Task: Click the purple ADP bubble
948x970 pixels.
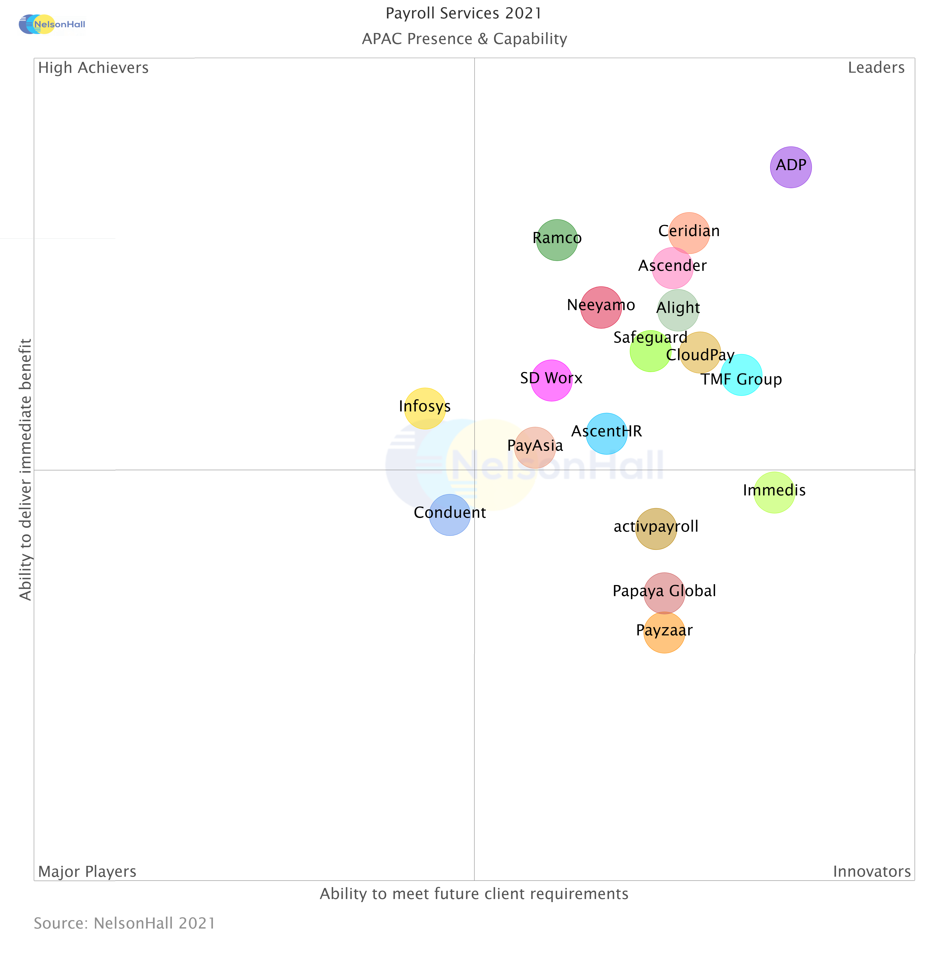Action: tap(791, 167)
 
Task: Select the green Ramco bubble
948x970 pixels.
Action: tap(557, 240)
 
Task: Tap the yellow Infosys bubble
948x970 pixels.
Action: tap(425, 408)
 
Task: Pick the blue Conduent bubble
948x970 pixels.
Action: tap(450, 515)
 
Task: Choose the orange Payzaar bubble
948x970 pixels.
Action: tap(664, 632)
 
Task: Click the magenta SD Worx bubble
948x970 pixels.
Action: tap(551, 380)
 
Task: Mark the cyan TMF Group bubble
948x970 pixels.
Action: tap(741, 375)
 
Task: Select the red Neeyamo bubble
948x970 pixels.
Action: tap(601, 307)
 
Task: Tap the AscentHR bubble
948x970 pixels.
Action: tap(606, 434)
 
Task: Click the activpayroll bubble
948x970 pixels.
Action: tap(656, 529)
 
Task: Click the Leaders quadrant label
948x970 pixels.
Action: tap(876, 68)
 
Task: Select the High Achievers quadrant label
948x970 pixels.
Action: tap(93, 68)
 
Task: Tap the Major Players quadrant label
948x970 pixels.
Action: tap(87, 871)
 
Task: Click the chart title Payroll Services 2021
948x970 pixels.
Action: tap(463, 13)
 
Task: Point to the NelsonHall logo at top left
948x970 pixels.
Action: tap(52, 24)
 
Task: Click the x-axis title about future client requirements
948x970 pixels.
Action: tap(474, 894)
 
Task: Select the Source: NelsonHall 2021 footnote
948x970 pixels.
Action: tap(125, 923)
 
